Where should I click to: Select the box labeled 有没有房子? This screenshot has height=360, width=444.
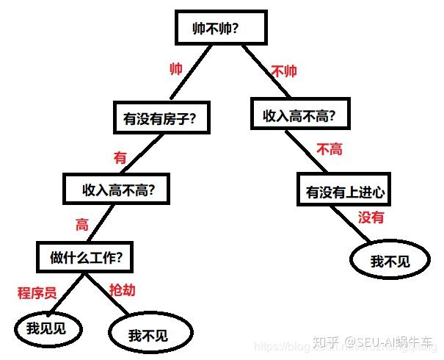(159, 118)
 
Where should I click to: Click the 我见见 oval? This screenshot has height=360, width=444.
(46, 329)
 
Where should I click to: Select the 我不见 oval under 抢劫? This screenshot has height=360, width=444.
(149, 334)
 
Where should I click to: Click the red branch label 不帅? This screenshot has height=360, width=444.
(284, 72)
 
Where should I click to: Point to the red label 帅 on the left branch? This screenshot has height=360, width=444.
(176, 69)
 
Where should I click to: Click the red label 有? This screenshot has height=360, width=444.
(120, 156)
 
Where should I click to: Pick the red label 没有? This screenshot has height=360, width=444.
(371, 217)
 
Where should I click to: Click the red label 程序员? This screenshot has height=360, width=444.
(37, 292)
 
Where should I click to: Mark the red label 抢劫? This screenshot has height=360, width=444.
(122, 291)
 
